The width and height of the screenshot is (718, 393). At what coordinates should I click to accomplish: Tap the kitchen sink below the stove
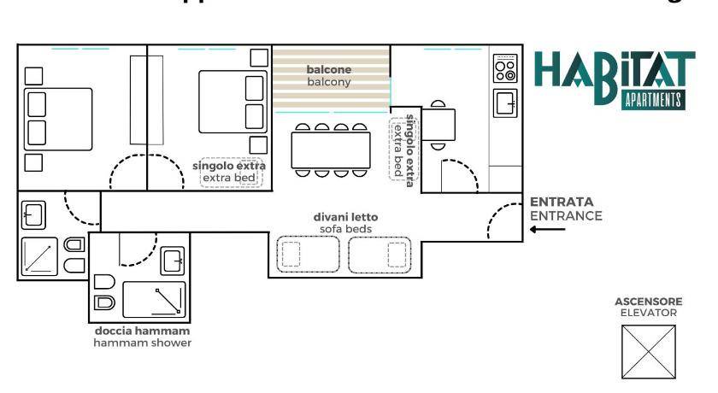coord(505,103)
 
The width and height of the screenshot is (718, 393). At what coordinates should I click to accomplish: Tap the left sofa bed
coord(308,254)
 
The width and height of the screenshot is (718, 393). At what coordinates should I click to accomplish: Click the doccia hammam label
coord(142,331)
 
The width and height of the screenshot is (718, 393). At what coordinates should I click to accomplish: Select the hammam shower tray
coord(154,299)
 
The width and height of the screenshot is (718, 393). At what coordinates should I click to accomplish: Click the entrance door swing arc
coord(503,224)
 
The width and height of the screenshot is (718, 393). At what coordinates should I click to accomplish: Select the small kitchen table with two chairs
coord(440,125)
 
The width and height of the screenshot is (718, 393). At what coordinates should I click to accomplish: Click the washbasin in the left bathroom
coord(34,215)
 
